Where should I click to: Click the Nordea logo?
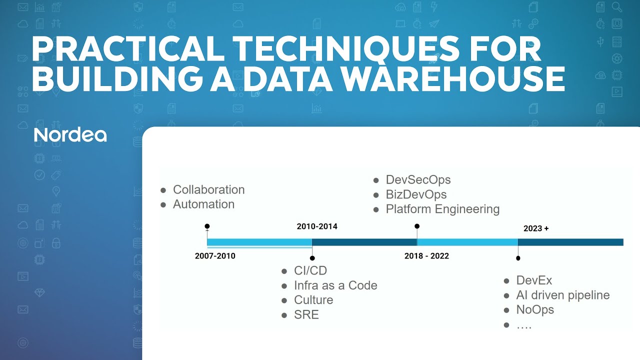(70, 135)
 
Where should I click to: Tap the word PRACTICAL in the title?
(119, 49)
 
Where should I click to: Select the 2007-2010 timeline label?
(215, 256)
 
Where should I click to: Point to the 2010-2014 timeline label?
(317, 226)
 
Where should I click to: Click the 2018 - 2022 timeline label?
(426, 256)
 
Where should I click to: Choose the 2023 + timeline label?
(536, 228)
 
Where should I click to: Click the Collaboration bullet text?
(208, 189)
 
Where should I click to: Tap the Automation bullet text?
(203, 204)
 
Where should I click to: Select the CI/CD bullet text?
(310, 270)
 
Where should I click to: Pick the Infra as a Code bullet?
(335, 285)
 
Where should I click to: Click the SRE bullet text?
(306, 314)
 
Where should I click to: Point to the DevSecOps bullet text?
(418, 179)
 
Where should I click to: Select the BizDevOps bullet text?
(416, 194)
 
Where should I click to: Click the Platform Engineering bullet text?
(442, 208)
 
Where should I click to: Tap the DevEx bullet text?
(534, 280)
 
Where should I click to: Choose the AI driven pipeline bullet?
(562, 295)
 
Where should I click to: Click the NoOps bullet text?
(535, 309)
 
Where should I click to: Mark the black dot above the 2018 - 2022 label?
(417, 226)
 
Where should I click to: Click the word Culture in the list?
(313, 300)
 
